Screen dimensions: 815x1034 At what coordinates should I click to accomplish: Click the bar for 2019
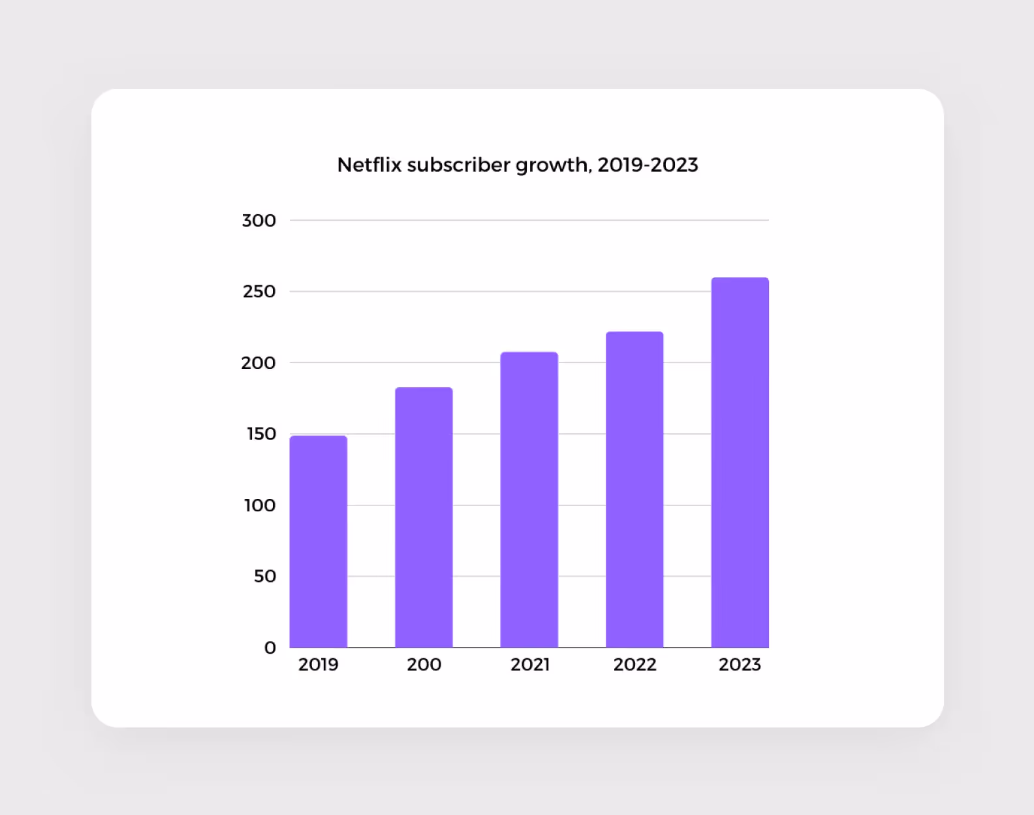319,541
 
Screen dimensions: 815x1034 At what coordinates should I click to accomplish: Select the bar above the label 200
424,517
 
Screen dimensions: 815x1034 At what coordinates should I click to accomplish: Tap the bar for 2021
529,500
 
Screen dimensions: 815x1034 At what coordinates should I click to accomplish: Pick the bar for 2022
634,490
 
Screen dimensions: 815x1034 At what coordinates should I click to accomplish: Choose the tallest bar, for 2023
740,462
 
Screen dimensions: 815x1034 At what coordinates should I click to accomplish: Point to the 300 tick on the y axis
258,221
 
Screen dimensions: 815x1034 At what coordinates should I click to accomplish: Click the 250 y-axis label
259,291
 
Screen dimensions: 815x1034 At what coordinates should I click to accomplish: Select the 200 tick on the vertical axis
258,363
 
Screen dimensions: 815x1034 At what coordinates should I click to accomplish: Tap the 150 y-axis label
261,434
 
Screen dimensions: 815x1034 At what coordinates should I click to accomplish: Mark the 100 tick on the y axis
260,505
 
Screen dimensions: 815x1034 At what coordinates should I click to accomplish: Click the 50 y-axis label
265,577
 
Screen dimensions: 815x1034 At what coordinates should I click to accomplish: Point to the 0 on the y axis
270,648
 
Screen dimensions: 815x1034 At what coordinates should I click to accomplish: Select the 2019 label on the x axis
319,665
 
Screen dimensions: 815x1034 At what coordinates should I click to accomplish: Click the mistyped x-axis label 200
424,665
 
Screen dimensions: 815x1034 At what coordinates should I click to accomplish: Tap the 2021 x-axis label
530,665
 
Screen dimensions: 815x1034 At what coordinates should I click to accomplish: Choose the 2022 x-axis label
634,665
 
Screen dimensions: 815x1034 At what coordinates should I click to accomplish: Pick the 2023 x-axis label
740,665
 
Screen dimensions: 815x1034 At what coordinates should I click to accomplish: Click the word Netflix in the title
369,165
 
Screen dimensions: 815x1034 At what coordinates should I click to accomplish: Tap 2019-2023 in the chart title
648,165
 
